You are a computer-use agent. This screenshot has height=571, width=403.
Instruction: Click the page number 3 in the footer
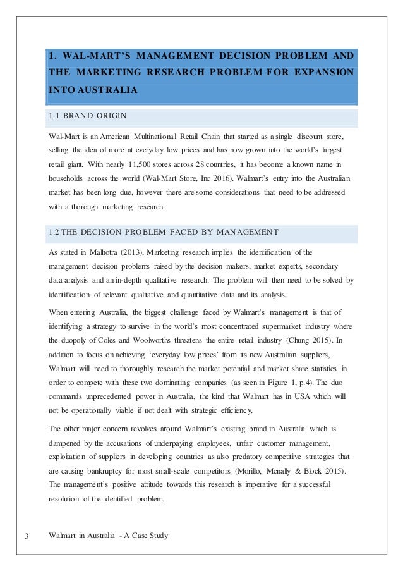click(27, 536)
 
